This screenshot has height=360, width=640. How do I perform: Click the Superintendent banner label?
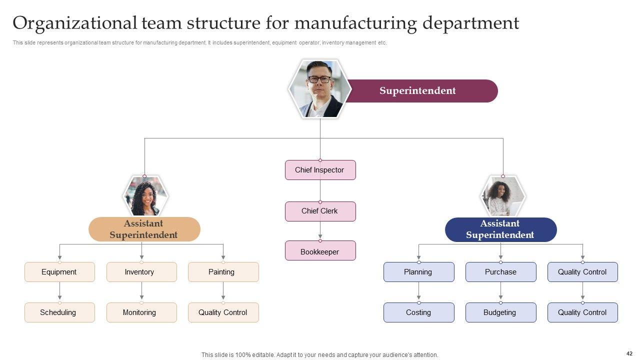[417, 91]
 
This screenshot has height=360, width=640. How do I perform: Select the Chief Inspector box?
[320, 170]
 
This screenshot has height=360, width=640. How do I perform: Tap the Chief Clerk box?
[320, 211]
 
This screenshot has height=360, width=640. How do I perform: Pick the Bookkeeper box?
[320, 251]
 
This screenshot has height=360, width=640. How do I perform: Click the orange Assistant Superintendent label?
[144, 229]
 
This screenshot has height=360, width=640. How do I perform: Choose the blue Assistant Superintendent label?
[500, 229]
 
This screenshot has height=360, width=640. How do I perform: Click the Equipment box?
[59, 272]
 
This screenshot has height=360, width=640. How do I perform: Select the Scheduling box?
[59, 312]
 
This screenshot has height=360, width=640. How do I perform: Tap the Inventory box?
[141, 272]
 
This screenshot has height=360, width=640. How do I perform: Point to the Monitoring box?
[141, 312]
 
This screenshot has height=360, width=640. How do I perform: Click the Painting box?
[223, 272]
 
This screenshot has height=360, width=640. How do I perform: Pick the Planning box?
[418, 272]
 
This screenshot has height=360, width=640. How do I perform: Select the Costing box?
[418, 312]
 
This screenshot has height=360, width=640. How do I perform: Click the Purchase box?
[500, 272]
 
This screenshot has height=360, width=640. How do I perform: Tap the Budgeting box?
[500, 312]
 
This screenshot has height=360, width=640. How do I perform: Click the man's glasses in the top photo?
[319, 79]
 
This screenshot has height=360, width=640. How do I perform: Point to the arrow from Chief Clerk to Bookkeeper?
[320, 231]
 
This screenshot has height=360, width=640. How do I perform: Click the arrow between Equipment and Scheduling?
[59, 292]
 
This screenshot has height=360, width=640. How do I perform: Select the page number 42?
[629, 353]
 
